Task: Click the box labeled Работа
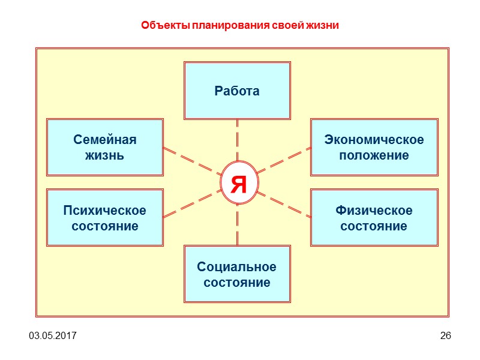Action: [x=237, y=91]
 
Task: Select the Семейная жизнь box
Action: [x=105, y=148]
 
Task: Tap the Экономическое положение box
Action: [x=374, y=148]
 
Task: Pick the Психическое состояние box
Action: [x=105, y=218]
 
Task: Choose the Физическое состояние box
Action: [x=374, y=218]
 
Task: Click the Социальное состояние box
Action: [x=237, y=274]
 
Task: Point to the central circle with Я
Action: [x=238, y=183]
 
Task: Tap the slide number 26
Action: [x=445, y=335]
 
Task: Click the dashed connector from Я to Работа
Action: [x=238, y=140]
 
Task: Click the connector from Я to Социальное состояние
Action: [x=238, y=224]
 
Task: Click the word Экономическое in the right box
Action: [x=374, y=140]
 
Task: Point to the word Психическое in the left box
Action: [x=105, y=211]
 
